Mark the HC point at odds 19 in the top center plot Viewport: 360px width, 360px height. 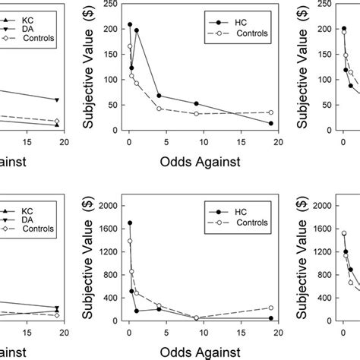271,123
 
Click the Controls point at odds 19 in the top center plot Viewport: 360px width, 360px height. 271,112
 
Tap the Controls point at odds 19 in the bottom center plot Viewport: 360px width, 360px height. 271,308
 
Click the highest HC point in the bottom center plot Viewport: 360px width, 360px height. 130,223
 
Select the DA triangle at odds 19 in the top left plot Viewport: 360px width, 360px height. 57,100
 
